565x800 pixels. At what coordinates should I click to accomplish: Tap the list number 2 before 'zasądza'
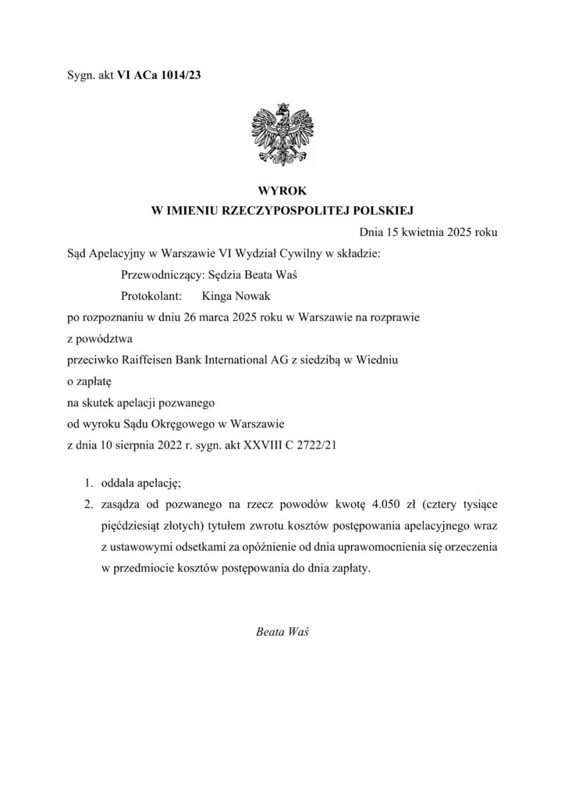90,505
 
